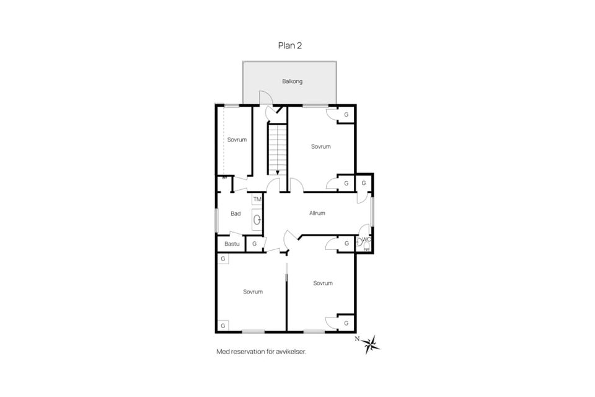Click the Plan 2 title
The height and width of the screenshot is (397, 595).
[290, 45]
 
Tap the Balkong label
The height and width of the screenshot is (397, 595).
[292, 81]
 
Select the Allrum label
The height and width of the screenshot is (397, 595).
[317, 213]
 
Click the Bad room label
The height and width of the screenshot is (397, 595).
[236, 213]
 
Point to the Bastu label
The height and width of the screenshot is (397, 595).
[232, 244]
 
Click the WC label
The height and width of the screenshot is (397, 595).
[366, 239]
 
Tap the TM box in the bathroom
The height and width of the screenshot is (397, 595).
[257, 200]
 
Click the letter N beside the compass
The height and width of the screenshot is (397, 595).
[357, 339]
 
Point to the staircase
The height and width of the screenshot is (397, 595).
[278, 148]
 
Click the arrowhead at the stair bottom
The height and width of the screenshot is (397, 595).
[278, 172]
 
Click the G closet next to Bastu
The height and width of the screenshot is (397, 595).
[255, 244]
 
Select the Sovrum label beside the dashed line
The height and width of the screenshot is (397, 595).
[237, 140]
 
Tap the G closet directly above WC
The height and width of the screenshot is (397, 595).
[364, 183]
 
